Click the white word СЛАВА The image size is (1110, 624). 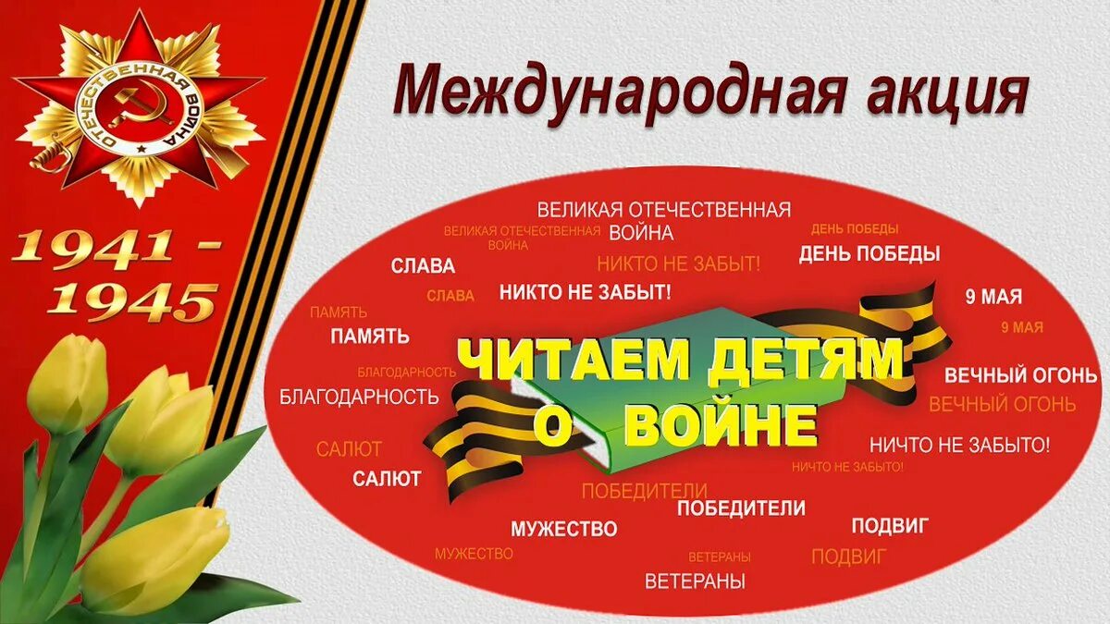(423, 266)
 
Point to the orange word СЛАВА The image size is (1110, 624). (450, 296)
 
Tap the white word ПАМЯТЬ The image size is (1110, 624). (370, 336)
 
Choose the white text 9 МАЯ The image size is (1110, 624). (993, 297)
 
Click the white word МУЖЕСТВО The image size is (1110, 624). (563, 530)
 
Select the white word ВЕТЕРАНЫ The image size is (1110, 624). (695, 581)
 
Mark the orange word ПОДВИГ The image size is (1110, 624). (848, 557)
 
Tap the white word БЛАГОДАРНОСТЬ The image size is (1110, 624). (359, 398)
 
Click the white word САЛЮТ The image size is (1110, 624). (387, 479)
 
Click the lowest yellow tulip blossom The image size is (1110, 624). (153, 559)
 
